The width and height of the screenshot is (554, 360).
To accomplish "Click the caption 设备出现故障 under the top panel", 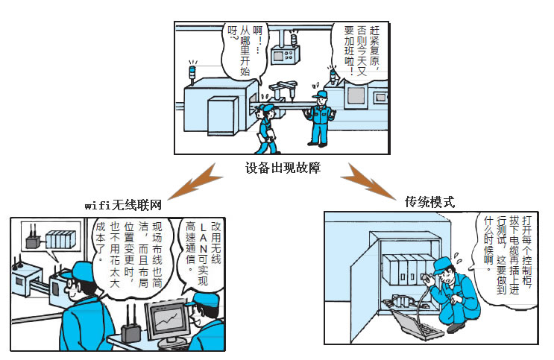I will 283,168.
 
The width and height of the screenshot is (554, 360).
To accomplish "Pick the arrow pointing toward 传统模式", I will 368,183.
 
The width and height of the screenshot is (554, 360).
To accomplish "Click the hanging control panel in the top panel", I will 286,54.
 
